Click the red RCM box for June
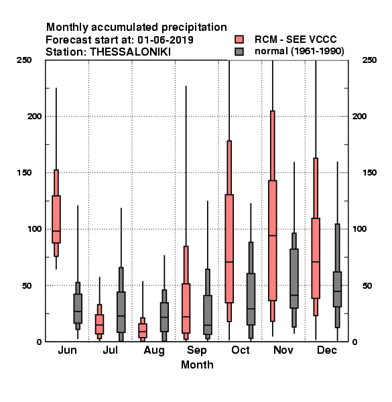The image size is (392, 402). tap(56, 219)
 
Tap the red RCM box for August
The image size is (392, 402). tap(143, 330)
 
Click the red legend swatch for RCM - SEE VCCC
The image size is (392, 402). tap(239, 40)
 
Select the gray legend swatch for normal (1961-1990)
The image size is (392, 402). tap(239, 52)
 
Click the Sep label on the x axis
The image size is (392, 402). tap(196, 350)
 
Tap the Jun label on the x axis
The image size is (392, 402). tap(67, 350)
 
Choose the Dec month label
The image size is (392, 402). tap(327, 350)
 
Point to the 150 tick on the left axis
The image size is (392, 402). tap(24, 173)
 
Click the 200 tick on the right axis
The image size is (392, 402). tap(359, 116)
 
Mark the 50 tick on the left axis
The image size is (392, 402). tap(27, 285)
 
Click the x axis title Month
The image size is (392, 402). tap(197, 365)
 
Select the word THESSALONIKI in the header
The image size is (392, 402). tap(130, 52)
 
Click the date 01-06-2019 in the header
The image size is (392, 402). tap(166, 40)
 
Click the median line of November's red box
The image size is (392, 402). tap(273, 235)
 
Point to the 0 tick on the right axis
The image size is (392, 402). tap(354, 342)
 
